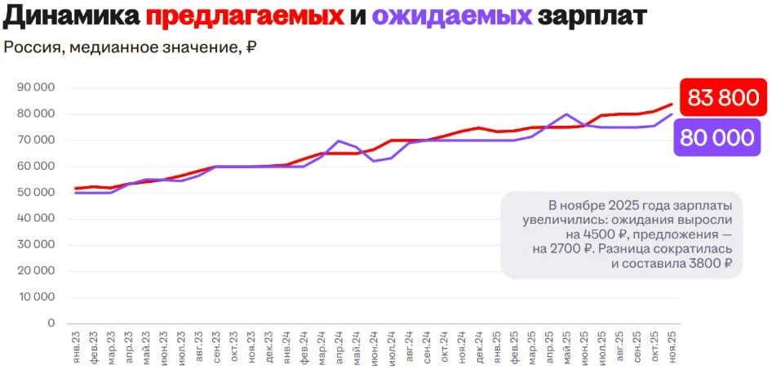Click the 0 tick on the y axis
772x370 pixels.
51,323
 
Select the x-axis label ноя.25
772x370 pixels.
672,347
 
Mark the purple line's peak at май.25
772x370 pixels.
566,114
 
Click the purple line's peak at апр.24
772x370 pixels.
339,141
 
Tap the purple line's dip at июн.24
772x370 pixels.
374,161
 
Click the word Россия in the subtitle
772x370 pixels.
32,47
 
